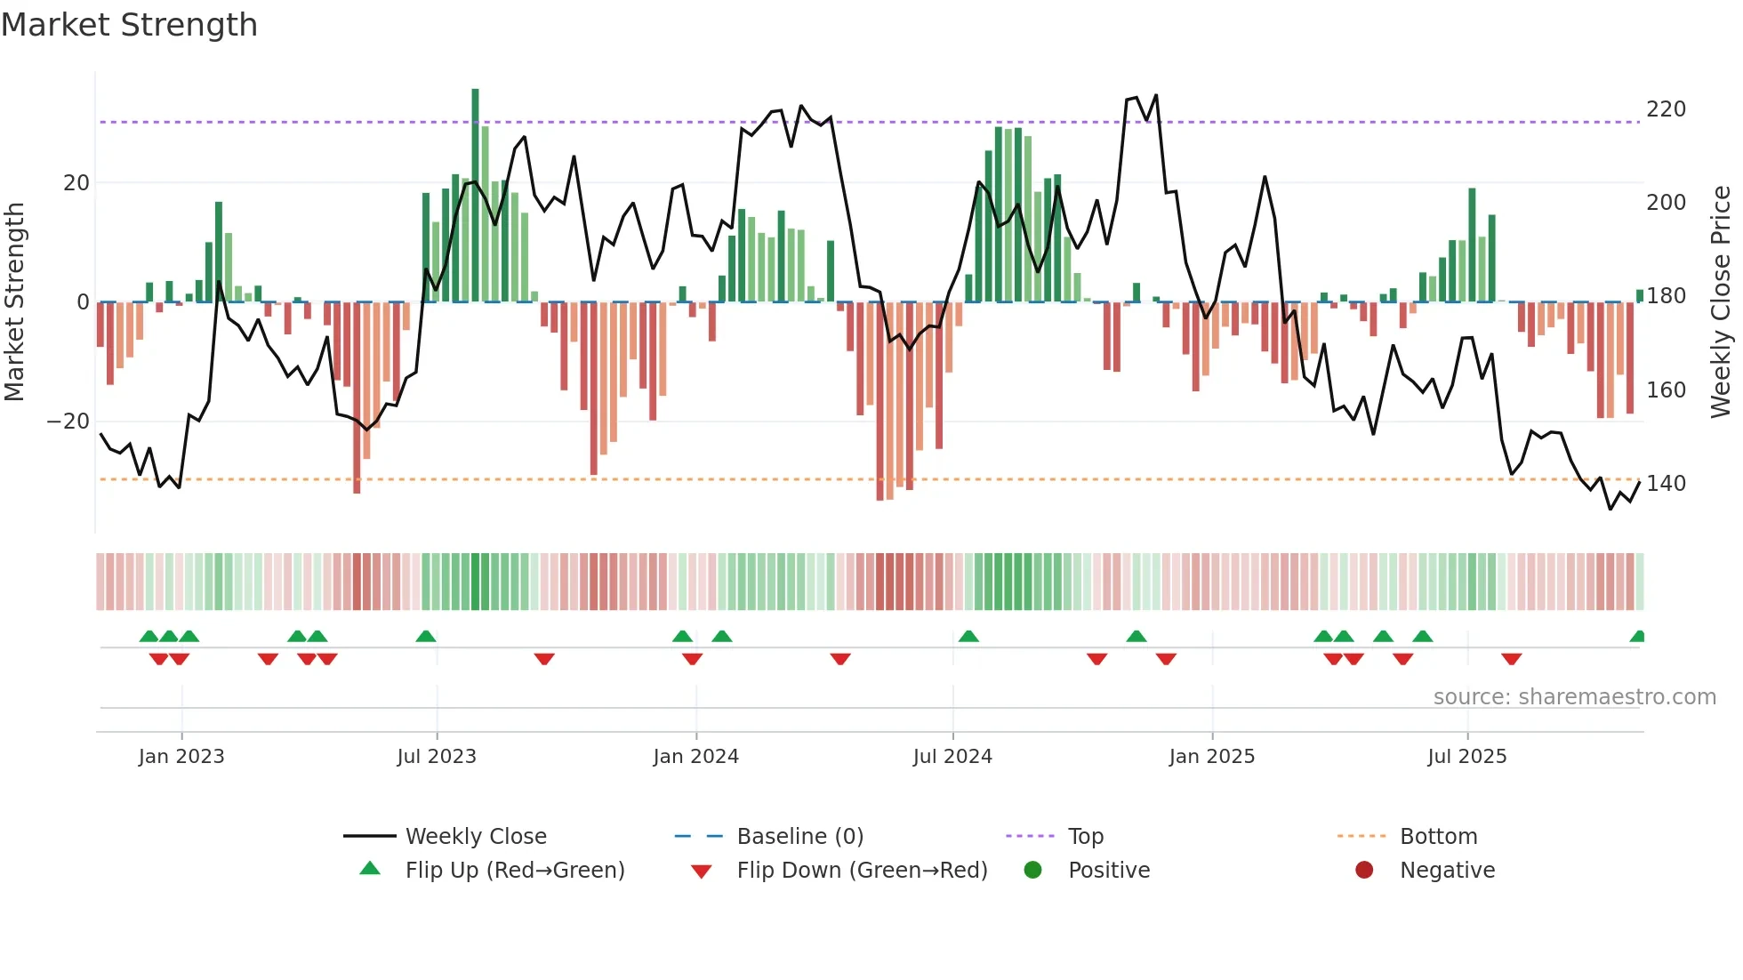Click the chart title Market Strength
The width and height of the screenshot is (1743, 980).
coord(129,25)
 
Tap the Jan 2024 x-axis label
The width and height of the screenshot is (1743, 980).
coord(695,757)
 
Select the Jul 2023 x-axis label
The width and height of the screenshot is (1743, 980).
coord(437,757)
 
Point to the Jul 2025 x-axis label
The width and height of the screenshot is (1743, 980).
coord(1467,757)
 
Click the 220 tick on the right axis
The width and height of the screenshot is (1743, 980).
coord(1666,109)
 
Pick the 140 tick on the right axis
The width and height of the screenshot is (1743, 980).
coord(1666,484)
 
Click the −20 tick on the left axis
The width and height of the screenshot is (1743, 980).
coord(68,422)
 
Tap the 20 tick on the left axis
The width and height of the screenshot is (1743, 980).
coord(76,183)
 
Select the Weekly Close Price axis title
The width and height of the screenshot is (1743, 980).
coord(1722,302)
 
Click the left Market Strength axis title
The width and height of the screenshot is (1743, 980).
coord(15,302)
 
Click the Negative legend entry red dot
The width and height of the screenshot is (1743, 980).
coord(1364,870)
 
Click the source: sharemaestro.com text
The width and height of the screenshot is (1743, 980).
coord(1574,697)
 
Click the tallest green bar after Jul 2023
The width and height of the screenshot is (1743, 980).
coord(475,196)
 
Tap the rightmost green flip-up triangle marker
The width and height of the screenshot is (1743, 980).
coord(1638,637)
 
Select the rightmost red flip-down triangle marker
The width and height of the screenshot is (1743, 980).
coord(1511,659)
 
